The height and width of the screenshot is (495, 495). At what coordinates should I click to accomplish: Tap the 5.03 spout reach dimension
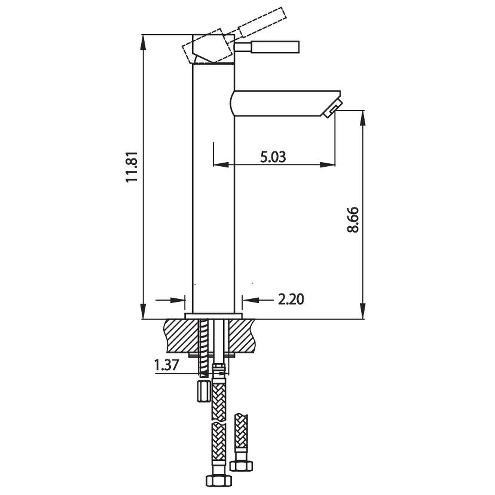pyautogui.click(x=273, y=157)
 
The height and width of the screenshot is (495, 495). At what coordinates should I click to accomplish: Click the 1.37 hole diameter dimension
pyautogui.click(x=166, y=365)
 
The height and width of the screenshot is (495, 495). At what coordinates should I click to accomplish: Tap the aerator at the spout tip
pyautogui.click(x=332, y=109)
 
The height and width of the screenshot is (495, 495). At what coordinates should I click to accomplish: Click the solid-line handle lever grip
pyautogui.click(x=275, y=47)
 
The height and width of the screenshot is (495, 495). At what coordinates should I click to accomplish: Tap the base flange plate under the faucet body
pyautogui.click(x=213, y=316)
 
